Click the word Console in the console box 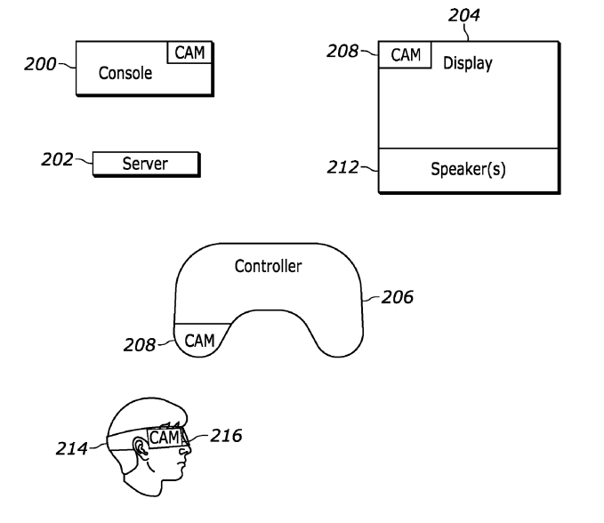[x=125, y=73]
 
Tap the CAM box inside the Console [x=189, y=52]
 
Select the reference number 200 [x=40, y=64]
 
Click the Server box [x=145, y=164]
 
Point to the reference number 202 [x=59, y=160]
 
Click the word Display [x=467, y=63]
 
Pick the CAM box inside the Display [x=406, y=55]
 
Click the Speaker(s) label [x=468, y=169]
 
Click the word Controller [x=268, y=266]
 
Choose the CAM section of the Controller [x=200, y=339]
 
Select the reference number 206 [x=397, y=297]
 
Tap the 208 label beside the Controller [x=140, y=345]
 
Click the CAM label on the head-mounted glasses [x=164, y=438]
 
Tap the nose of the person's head [x=187, y=455]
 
